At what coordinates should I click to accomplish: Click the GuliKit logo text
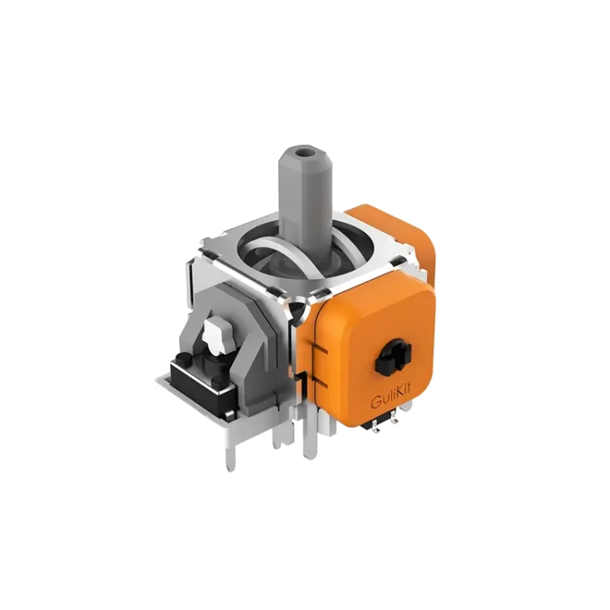(390, 400)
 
